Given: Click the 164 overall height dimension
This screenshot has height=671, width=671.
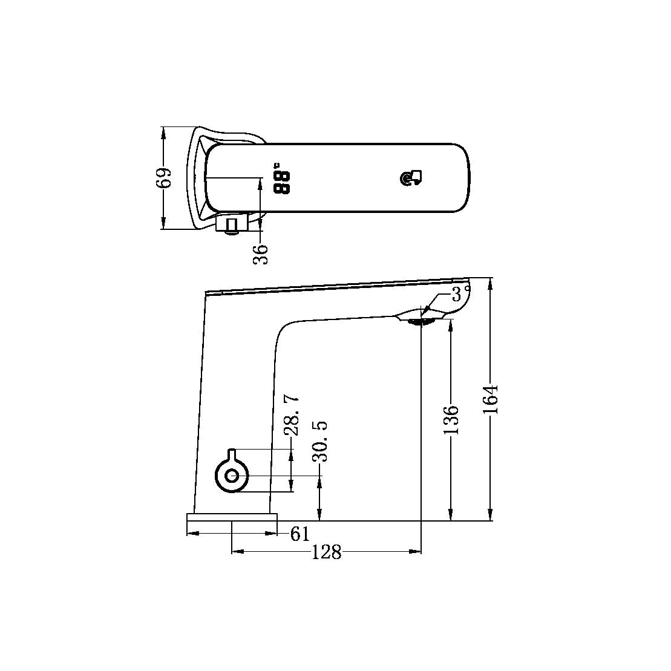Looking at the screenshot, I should point(491,399).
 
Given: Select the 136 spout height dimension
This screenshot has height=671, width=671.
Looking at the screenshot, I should point(451,419).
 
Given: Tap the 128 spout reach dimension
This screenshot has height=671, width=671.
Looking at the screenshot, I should point(326,552).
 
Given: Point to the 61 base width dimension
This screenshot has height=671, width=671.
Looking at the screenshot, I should point(299,534).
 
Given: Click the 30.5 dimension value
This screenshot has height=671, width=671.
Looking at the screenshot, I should point(320,442).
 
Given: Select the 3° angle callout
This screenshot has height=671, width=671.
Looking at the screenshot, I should point(462,295).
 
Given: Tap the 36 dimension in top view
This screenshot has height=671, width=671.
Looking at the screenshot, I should point(261,254).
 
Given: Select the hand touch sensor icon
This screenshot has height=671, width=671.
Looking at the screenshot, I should point(412,178).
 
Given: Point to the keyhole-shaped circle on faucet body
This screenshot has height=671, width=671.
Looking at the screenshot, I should point(231,475).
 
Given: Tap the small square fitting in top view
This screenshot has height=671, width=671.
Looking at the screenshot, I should point(231,226).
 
